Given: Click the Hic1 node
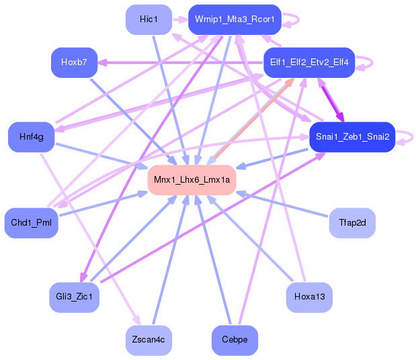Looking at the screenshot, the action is (x=149, y=19).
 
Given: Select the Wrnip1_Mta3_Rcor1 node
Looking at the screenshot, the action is (x=235, y=19).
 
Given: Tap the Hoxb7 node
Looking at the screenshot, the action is (x=75, y=62).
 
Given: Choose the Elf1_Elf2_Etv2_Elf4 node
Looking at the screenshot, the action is (x=309, y=62).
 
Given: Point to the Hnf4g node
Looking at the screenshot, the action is (x=32, y=137).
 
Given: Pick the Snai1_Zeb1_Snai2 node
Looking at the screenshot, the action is (x=352, y=137).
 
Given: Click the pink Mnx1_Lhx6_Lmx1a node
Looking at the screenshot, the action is (x=192, y=180).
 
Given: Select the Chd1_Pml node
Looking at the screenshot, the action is (x=32, y=223).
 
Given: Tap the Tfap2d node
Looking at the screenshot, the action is (x=352, y=223).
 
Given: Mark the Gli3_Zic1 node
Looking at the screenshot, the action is (x=75, y=298).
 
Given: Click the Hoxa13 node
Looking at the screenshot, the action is (x=309, y=298).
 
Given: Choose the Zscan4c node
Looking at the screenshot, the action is (x=149, y=341).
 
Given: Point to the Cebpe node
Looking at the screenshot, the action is (x=235, y=341).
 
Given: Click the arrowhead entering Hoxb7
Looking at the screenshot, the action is (x=102, y=63).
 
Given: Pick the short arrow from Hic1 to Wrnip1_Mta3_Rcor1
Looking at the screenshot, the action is (x=180, y=19).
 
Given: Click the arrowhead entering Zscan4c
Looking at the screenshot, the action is (x=137, y=320).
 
